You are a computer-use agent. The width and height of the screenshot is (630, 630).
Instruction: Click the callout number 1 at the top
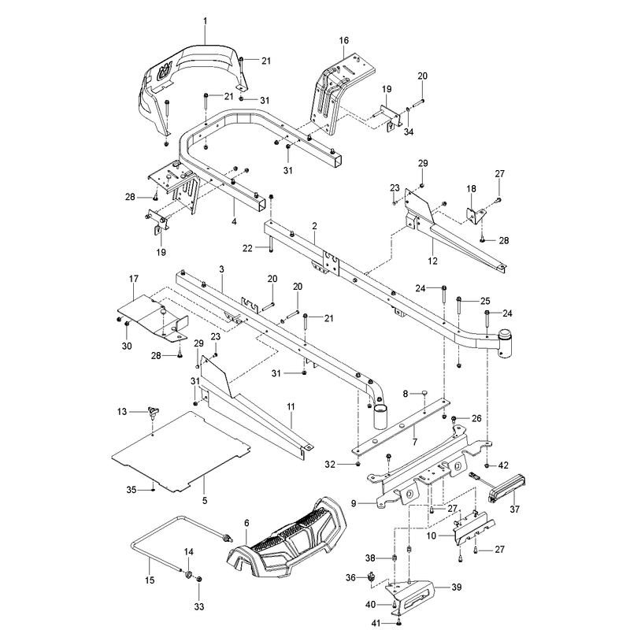[206, 21]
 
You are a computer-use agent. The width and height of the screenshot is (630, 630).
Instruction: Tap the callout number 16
[344, 41]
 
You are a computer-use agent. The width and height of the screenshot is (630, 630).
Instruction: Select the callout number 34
[409, 132]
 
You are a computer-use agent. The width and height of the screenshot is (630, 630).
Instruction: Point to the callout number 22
[247, 249]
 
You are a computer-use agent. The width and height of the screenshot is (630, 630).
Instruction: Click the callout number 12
[432, 261]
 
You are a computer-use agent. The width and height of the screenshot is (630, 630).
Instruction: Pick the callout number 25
[485, 301]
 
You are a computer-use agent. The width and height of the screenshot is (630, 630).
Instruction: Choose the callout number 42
[503, 465]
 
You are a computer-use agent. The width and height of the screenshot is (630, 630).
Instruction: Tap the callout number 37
[515, 510]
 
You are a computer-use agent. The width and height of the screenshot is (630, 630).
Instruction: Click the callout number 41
[376, 623]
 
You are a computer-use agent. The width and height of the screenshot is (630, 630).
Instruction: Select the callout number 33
[199, 606]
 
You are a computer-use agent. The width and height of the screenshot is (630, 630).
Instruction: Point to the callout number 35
[132, 490]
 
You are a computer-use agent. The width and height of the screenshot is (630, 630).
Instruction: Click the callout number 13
[122, 411]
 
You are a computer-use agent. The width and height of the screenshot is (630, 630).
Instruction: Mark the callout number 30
[127, 346]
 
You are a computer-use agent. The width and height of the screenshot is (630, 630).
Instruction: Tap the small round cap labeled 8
[424, 392]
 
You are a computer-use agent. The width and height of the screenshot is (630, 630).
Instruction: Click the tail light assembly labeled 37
[507, 487]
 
